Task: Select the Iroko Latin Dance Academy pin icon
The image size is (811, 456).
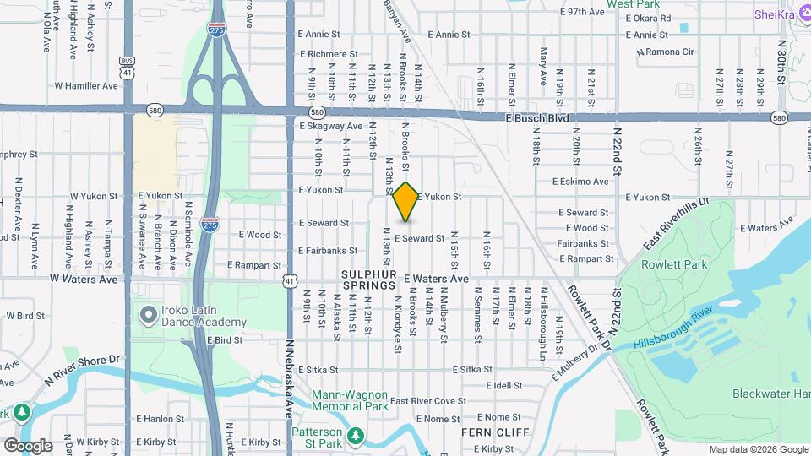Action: (x=149, y=316)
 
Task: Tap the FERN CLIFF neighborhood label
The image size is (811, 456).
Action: (x=495, y=432)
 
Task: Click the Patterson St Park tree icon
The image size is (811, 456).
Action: (x=358, y=435)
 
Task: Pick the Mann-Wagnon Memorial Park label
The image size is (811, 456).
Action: (x=350, y=400)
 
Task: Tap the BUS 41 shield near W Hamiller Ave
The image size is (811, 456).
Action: (x=127, y=68)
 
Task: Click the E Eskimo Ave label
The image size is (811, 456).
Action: (x=580, y=182)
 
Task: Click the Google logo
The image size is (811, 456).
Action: (x=27, y=445)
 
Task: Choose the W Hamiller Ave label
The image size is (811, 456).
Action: (x=86, y=85)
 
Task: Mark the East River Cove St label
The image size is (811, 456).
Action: (x=427, y=401)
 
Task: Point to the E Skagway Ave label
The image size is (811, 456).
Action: (x=330, y=126)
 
